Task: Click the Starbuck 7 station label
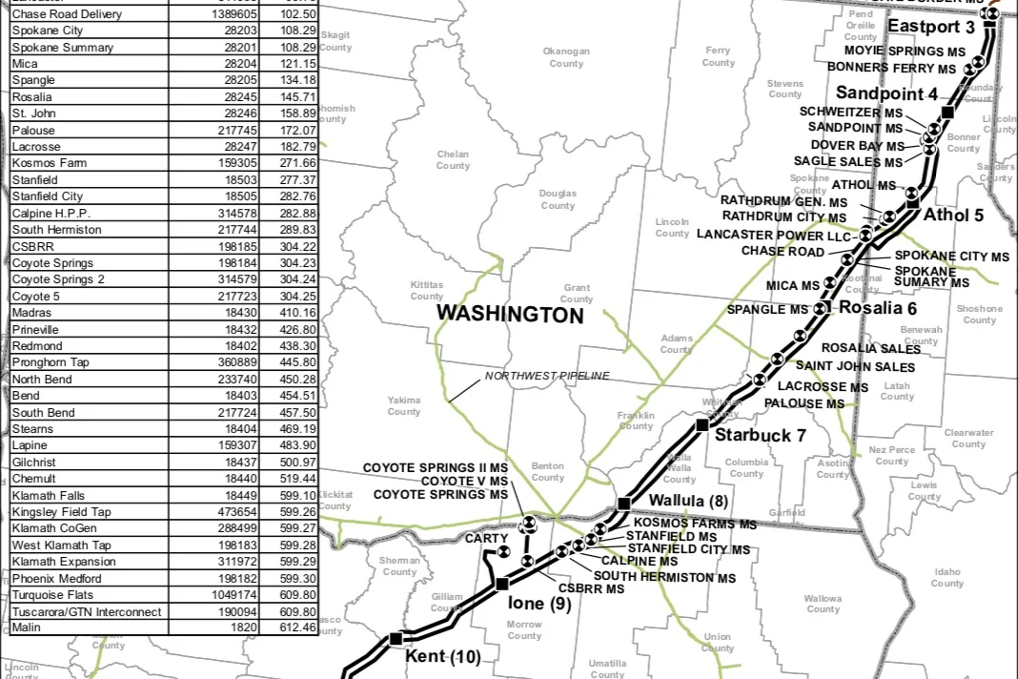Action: point(761,435)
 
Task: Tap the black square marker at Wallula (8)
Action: point(624,504)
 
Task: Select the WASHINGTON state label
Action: point(510,315)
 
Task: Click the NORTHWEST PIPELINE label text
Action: point(546,376)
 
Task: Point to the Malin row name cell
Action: point(26,628)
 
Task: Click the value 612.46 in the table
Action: point(299,628)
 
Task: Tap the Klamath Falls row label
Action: point(48,495)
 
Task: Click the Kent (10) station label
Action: point(442,657)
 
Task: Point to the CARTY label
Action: point(486,539)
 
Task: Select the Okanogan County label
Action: point(566,57)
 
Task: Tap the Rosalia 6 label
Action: point(877,308)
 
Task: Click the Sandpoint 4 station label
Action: point(886,93)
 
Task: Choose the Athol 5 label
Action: point(953,215)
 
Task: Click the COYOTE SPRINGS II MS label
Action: point(436,468)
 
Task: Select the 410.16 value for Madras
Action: point(299,313)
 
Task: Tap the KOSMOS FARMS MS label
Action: point(695,525)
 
